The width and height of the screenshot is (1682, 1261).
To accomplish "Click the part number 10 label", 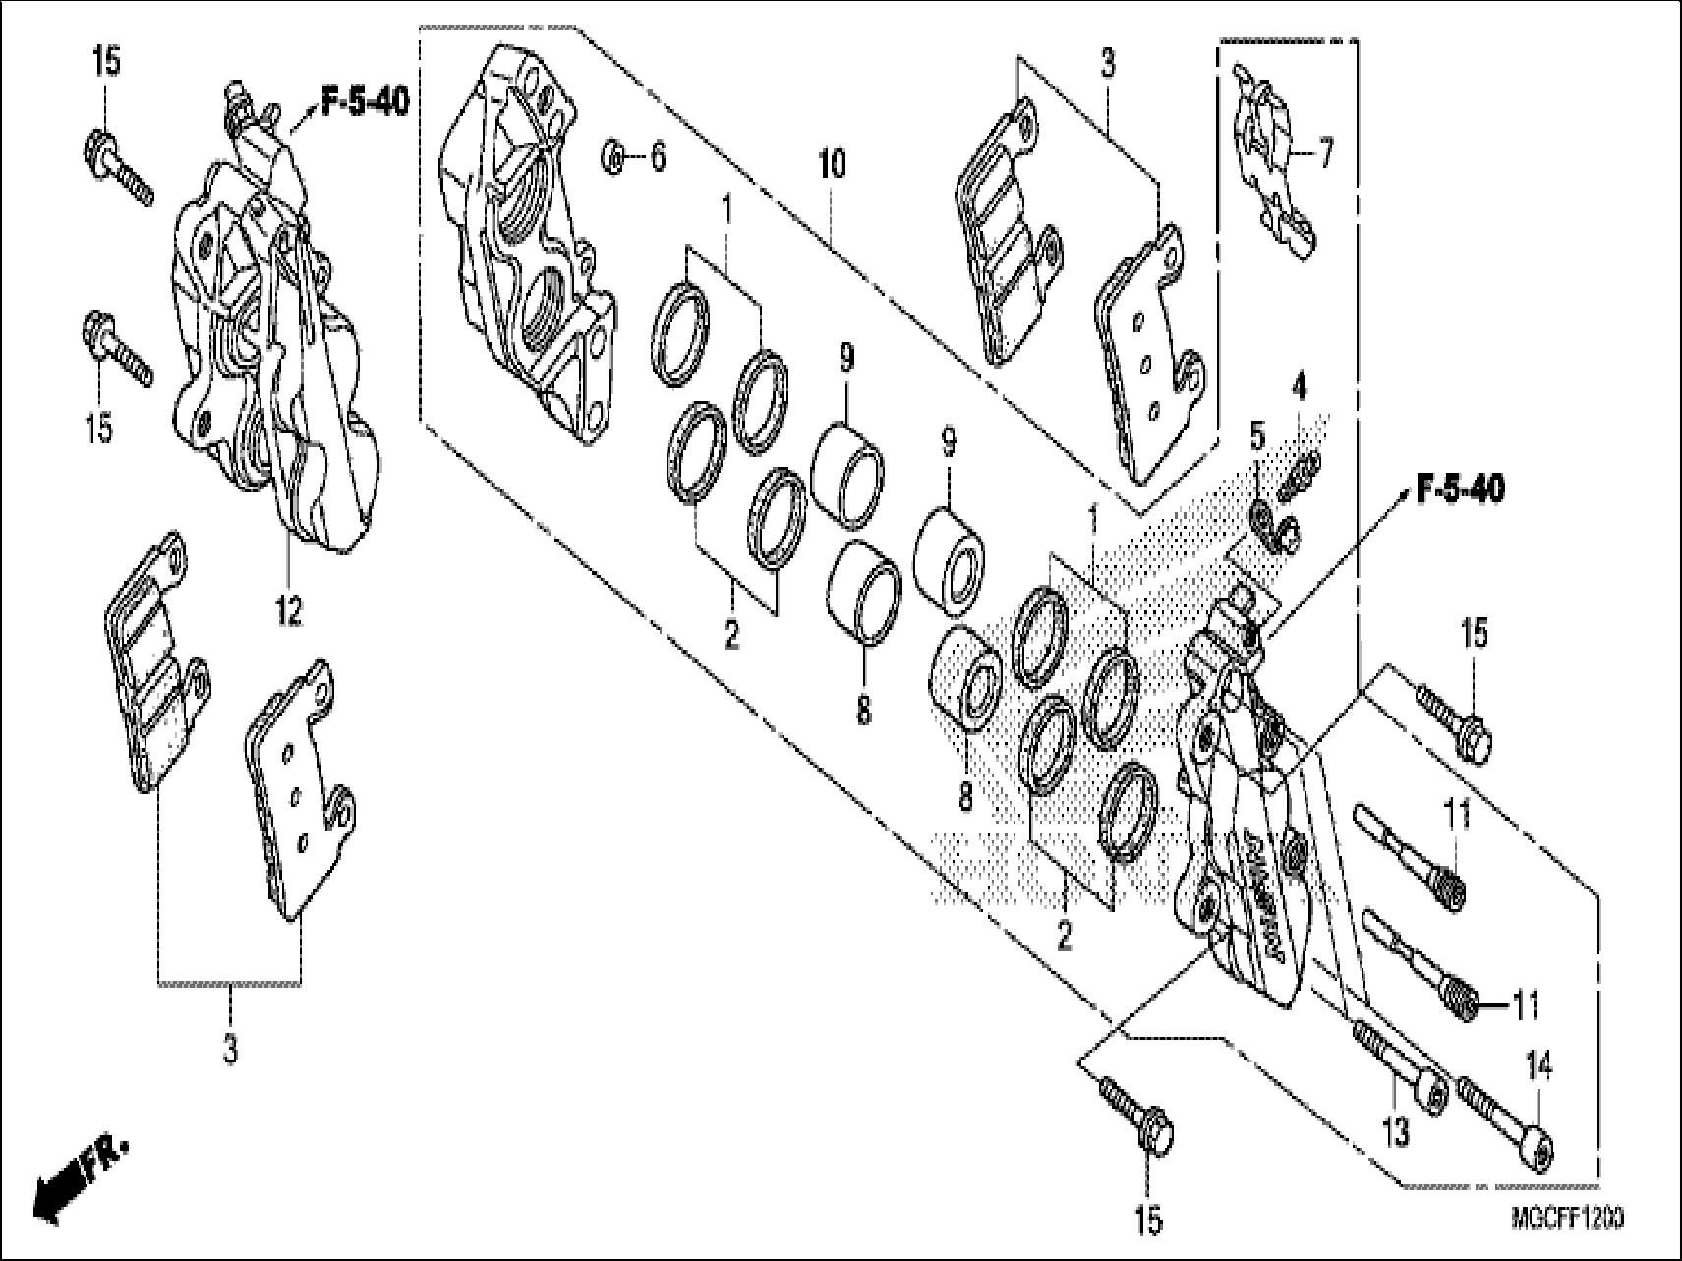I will (x=831, y=165).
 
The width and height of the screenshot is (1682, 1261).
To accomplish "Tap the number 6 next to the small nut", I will (x=657, y=155).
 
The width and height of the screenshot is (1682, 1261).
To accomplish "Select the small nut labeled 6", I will (x=613, y=155).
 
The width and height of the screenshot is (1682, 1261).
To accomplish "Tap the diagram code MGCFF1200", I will (x=1567, y=1218).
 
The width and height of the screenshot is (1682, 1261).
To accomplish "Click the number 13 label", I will (x=1395, y=1131).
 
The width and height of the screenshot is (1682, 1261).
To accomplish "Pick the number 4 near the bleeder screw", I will (x=1300, y=388).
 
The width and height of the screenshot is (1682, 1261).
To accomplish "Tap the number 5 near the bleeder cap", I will (x=1257, y=435).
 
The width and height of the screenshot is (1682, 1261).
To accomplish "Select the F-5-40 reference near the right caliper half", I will (x=1459, y=489).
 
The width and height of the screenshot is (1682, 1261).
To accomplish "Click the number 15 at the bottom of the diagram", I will (x=1147, y=1219).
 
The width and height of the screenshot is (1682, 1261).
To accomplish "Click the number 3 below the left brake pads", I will (x=229, y=1050).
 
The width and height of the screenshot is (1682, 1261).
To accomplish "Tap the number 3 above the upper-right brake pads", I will (x=1108, y=66).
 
